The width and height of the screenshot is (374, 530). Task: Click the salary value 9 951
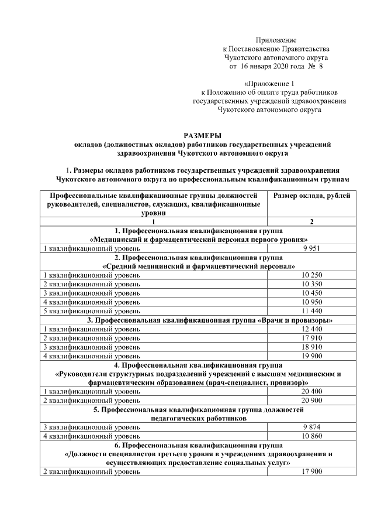[313, 248]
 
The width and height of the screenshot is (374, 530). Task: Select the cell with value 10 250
[313, 275]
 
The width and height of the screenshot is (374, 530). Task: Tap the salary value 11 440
[313, 311]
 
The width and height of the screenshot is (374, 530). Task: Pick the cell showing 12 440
[313, 329]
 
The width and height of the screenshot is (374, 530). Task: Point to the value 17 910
[313, 338]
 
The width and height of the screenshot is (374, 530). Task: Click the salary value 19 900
[313, 355]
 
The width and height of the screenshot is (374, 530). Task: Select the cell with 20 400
[313, 391]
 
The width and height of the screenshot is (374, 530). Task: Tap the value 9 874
[313, 427]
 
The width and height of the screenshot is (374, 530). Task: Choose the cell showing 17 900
[313, 472]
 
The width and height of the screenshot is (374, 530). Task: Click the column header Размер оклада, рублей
[313, 195]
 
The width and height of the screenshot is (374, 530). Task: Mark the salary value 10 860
[313, 436]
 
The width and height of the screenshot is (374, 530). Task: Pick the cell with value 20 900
[313, 400]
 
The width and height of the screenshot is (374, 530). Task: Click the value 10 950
[313, 302]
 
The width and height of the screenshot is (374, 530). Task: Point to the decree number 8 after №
[321, 67]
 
